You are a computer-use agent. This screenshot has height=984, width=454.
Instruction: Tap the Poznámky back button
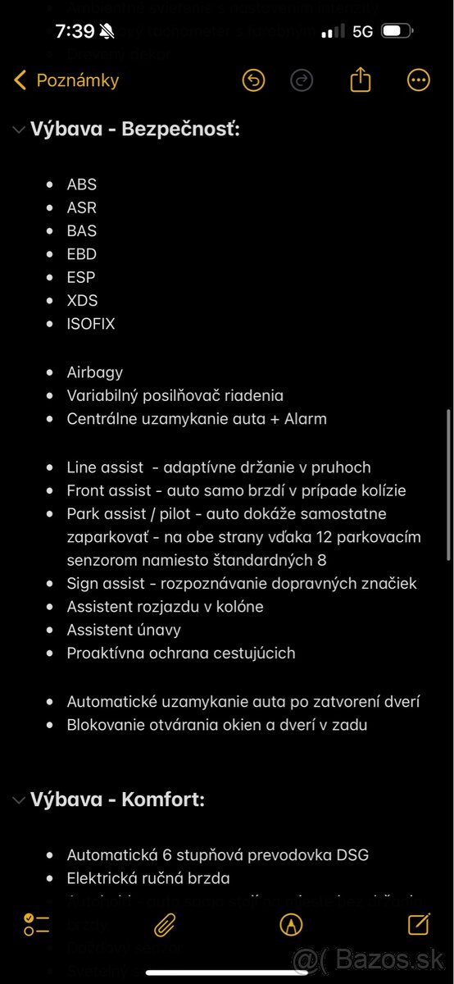click(67, 80)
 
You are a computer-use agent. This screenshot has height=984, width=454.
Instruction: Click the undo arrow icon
click(254, 80)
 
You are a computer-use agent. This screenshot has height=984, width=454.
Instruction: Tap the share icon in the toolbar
click(361, 80)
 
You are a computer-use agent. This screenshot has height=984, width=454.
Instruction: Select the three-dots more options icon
click(419, 80)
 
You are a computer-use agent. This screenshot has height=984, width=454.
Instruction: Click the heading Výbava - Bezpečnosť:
click(135, 129)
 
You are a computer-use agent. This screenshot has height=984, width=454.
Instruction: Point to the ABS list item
click(82, 184)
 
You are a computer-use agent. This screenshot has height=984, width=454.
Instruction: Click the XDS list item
click(82, 300)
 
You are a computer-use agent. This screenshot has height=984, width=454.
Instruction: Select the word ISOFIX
click(91, 324)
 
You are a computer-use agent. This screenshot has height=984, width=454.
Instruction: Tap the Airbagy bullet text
click(95, 372)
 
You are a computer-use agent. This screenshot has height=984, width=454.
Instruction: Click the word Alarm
click(303, 419)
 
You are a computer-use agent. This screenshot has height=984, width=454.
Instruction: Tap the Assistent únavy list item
click(124, 630)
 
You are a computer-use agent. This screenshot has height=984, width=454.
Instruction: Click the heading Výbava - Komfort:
click(117, 799)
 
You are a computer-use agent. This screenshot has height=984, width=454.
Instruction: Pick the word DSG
click(352, 855)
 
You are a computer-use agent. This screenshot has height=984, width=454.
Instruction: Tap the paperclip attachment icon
click(165, 924)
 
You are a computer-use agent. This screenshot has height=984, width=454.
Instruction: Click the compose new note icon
click(419, 924)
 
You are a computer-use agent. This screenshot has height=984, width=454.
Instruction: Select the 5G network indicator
click(363, 31)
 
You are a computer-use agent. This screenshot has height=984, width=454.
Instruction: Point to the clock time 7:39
click(75, 31)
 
